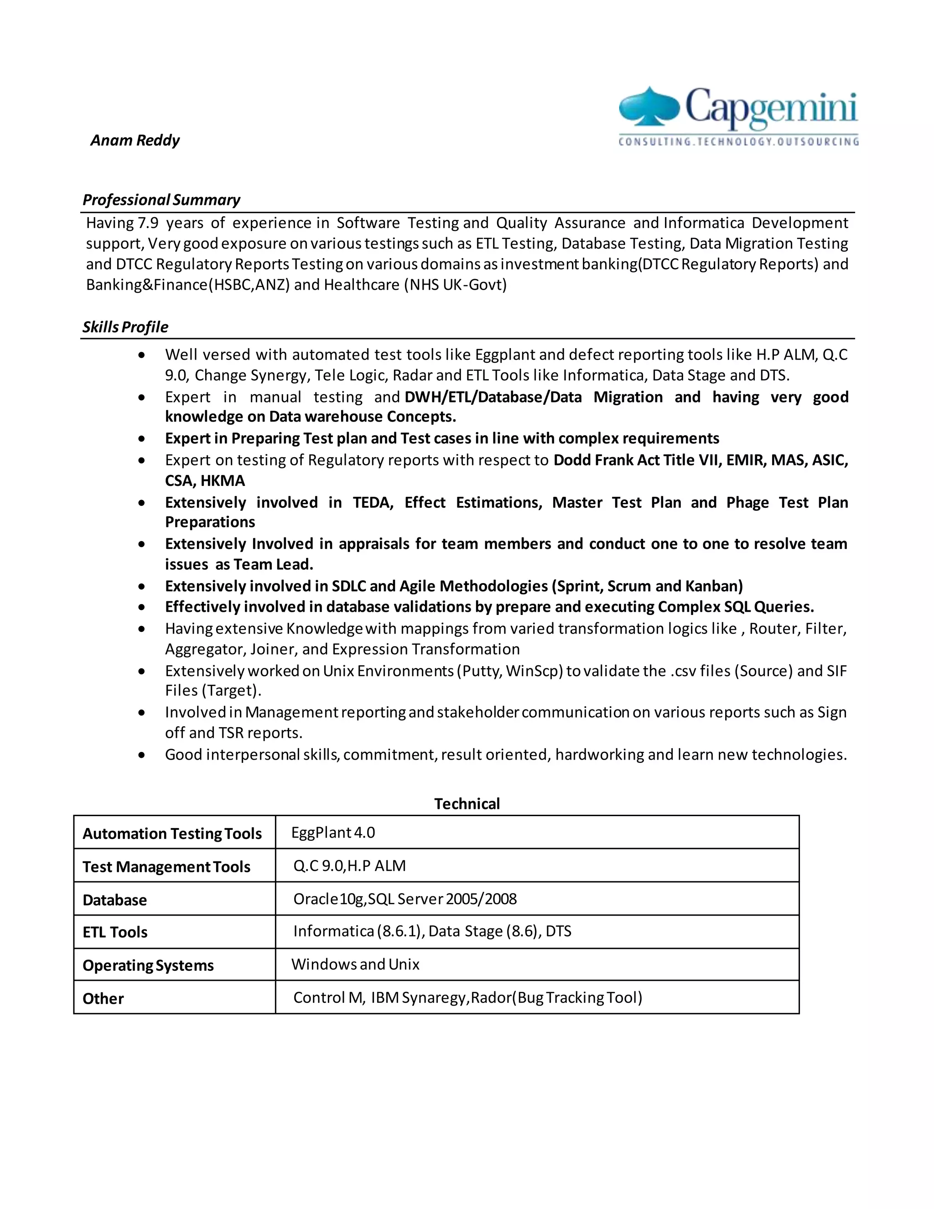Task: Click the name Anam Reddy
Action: coord(135,140)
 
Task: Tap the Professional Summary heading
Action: coord(161,200)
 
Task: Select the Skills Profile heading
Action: coord(125,327)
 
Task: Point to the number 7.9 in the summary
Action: coord(148,223)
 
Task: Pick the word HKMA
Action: coord(223,480)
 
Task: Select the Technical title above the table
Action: coord(467,804)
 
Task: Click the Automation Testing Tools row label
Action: coord(172,834)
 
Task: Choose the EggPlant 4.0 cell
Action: coord(333,833)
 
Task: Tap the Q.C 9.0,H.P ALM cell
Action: coord(349,866)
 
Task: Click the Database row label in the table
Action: coord(114,900)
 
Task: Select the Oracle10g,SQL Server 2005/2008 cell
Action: coord(405,899)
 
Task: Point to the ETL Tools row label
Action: coord(115,932)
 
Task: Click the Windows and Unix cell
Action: coord(355,964)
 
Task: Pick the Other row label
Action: coord(103,999)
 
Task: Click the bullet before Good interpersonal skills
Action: coord(142,755)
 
